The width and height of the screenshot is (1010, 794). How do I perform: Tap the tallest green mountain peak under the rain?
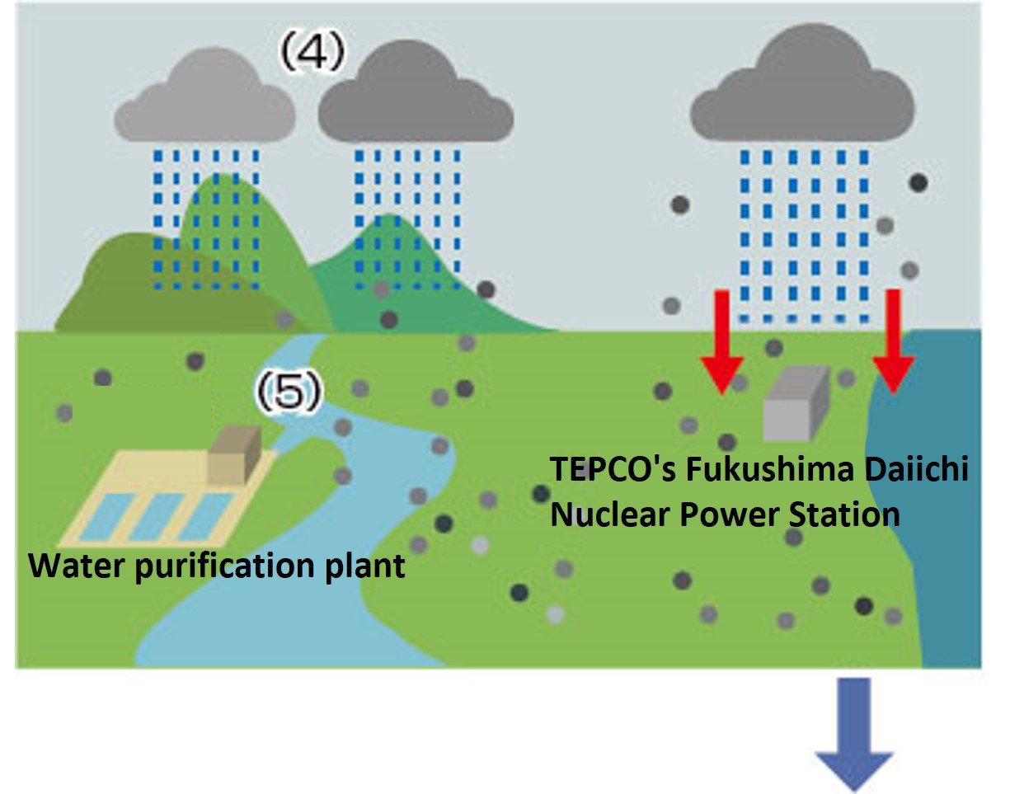[216, 190]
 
